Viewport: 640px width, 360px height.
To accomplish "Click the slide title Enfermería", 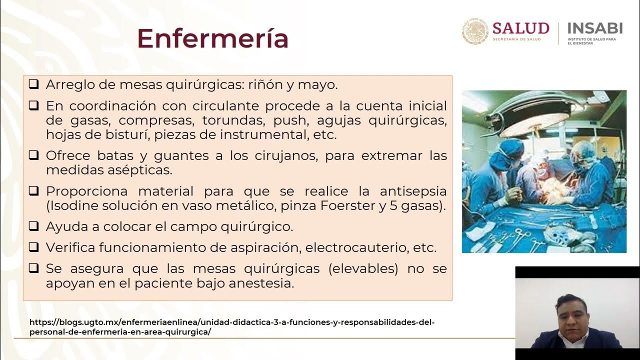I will pyautogui.click(x=212, y=38).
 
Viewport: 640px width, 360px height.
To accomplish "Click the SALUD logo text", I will pyautogui.click(x=520, y=28).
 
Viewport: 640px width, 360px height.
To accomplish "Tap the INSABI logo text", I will pyautogui.click(x=595, y=28).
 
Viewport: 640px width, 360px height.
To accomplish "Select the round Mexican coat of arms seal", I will pyautogui.click(x=474, y=32).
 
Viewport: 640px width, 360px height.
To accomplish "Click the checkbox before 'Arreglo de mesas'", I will pyautogui.click(x=33, y=84).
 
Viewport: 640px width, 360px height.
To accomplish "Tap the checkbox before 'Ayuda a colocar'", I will pyautogui.click(x=33, y=226).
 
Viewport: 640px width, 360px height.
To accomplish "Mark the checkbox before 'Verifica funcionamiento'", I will pyautogui.click(x=33, y=247).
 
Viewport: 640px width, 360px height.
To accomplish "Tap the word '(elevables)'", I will pyautogui.click(x=363, y=268).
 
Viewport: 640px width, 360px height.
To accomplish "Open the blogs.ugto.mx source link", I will pyautogui.click(x=232, y=327).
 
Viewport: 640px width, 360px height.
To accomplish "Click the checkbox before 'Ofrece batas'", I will pyautogui.click(x=33, y=155).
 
